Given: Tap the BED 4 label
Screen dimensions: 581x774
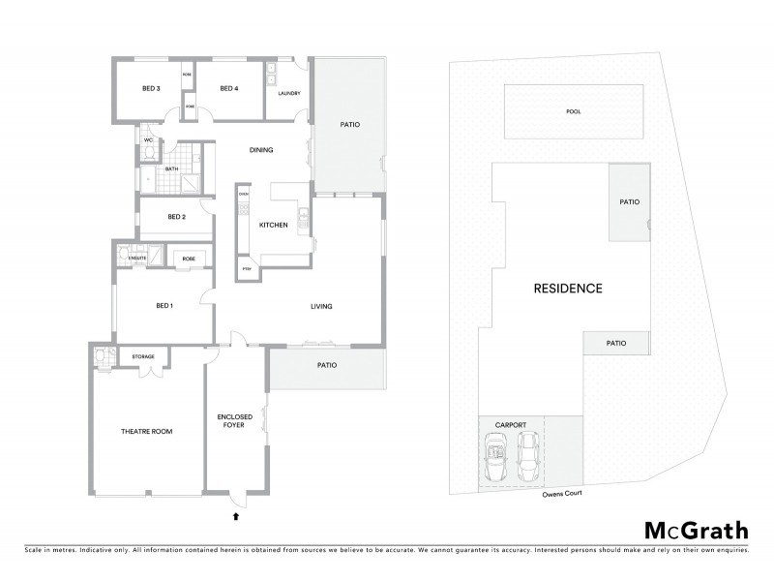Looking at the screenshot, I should point(228,89).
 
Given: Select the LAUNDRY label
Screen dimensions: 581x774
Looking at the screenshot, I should point(288,94).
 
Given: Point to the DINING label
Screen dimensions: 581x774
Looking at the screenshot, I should point(261,150).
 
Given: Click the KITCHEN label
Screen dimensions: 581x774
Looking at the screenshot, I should point(273,225).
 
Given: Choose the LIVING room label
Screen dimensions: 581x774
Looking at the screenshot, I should point(321,307).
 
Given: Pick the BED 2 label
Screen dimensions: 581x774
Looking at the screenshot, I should point(176,217).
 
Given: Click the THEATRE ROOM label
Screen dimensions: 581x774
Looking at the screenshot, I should point(146,431).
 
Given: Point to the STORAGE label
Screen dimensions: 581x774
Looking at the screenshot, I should point(143,357).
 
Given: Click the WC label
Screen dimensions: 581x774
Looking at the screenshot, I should point(149,140).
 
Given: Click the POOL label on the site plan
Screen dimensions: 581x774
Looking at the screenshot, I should point(574,111).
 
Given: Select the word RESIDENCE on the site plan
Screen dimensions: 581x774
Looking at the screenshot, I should point(568,289).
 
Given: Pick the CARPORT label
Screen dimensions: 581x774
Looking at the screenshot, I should point(510,424).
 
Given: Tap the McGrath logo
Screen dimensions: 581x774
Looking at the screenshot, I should point(696,530).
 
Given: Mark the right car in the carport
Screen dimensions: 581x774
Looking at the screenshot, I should point(527,457).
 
